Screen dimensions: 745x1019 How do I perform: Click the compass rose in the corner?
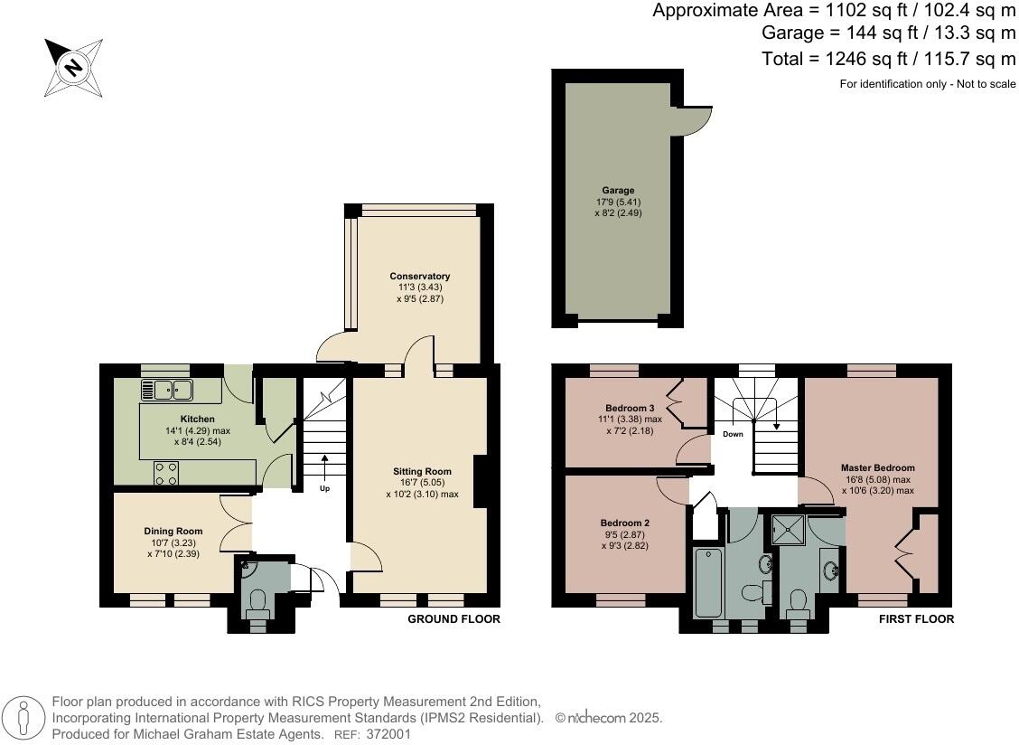click(x=73, y=67)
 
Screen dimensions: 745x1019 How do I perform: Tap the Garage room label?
click(x=618, y=191)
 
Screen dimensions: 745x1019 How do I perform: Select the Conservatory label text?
click(x=419, y=277)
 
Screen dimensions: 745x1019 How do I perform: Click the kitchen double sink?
click(x=167, y=390)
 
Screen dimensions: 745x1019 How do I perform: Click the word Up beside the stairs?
click(x=324, y=488)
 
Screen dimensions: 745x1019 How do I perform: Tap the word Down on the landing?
click(x=732, y=434)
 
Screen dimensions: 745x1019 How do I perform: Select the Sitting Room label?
click(x=421, y=471)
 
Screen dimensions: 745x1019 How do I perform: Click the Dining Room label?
click(x=173, y=531)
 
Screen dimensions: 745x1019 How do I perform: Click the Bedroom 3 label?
click(x=623, y=407)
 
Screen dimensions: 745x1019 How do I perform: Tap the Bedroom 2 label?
click(x=624, y=523)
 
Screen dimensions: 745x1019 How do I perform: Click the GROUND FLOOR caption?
click(x=453, y=619)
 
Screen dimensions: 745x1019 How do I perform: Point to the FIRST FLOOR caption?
click(x=916, y=619)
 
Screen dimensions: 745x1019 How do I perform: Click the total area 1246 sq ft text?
click(x=889, y=59)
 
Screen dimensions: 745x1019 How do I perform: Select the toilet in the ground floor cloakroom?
click(x=257, y=601)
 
